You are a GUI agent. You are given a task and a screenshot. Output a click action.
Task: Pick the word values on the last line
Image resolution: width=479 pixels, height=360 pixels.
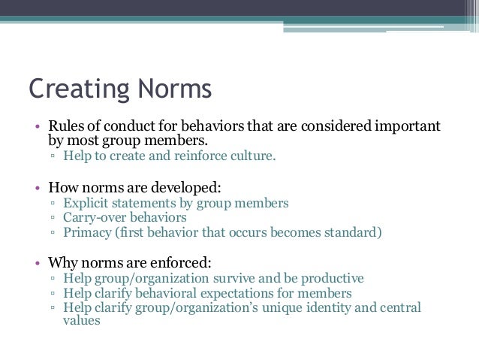[x=81, y=321]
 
